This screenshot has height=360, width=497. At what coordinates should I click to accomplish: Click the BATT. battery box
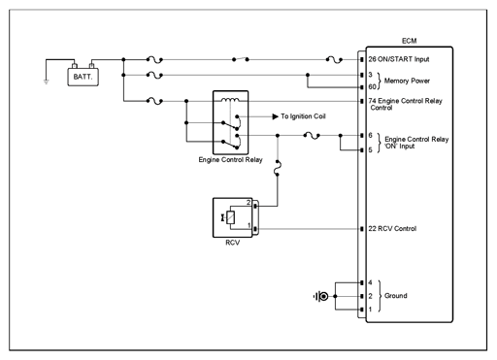coord(83,77)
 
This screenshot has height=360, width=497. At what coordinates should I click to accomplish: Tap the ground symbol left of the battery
coord(47,82)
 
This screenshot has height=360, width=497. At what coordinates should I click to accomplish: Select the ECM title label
coord(409,41)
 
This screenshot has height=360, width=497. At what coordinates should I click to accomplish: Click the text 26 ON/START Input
coord(399,59)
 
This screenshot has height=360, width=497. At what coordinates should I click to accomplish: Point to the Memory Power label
coord(407,81)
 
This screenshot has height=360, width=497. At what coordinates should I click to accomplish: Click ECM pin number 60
coord(372,86)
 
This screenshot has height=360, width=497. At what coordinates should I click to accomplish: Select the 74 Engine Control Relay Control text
coord(405,104)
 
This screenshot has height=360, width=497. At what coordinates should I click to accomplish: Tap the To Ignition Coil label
coord(303,116)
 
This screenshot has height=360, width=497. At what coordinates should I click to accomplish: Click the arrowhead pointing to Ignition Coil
coord(276,116)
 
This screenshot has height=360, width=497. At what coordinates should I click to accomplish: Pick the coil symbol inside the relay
coord(230,99)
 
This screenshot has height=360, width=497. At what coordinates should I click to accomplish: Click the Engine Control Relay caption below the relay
coord(230,160)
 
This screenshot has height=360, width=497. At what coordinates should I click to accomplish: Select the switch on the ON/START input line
coord(241,59)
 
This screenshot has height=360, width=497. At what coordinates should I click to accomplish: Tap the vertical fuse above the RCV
coord(278,168)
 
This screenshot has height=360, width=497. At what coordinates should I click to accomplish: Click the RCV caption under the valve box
coord(233,243)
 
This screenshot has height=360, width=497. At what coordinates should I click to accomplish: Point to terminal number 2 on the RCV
coord(248,203)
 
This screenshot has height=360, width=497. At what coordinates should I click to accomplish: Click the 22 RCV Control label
coord(392,229)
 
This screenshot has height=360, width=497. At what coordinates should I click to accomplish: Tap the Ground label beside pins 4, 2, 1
coord(396,296)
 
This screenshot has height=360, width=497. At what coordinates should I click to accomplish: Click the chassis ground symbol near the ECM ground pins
coord(320,296)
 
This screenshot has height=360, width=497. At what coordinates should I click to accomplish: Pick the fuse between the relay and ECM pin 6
coord(312,136)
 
